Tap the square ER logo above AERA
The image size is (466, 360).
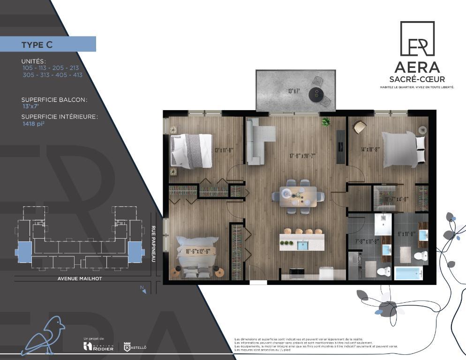coord(417,38)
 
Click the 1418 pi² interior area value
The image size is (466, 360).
coord(34,124)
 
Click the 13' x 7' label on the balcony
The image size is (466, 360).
coord(293,91)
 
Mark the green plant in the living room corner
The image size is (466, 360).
coord(326,122)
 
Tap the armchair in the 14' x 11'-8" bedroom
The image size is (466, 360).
coord(360,127)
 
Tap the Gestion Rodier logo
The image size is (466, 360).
coord(98,346)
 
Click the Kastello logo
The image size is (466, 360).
coord(134,346)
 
